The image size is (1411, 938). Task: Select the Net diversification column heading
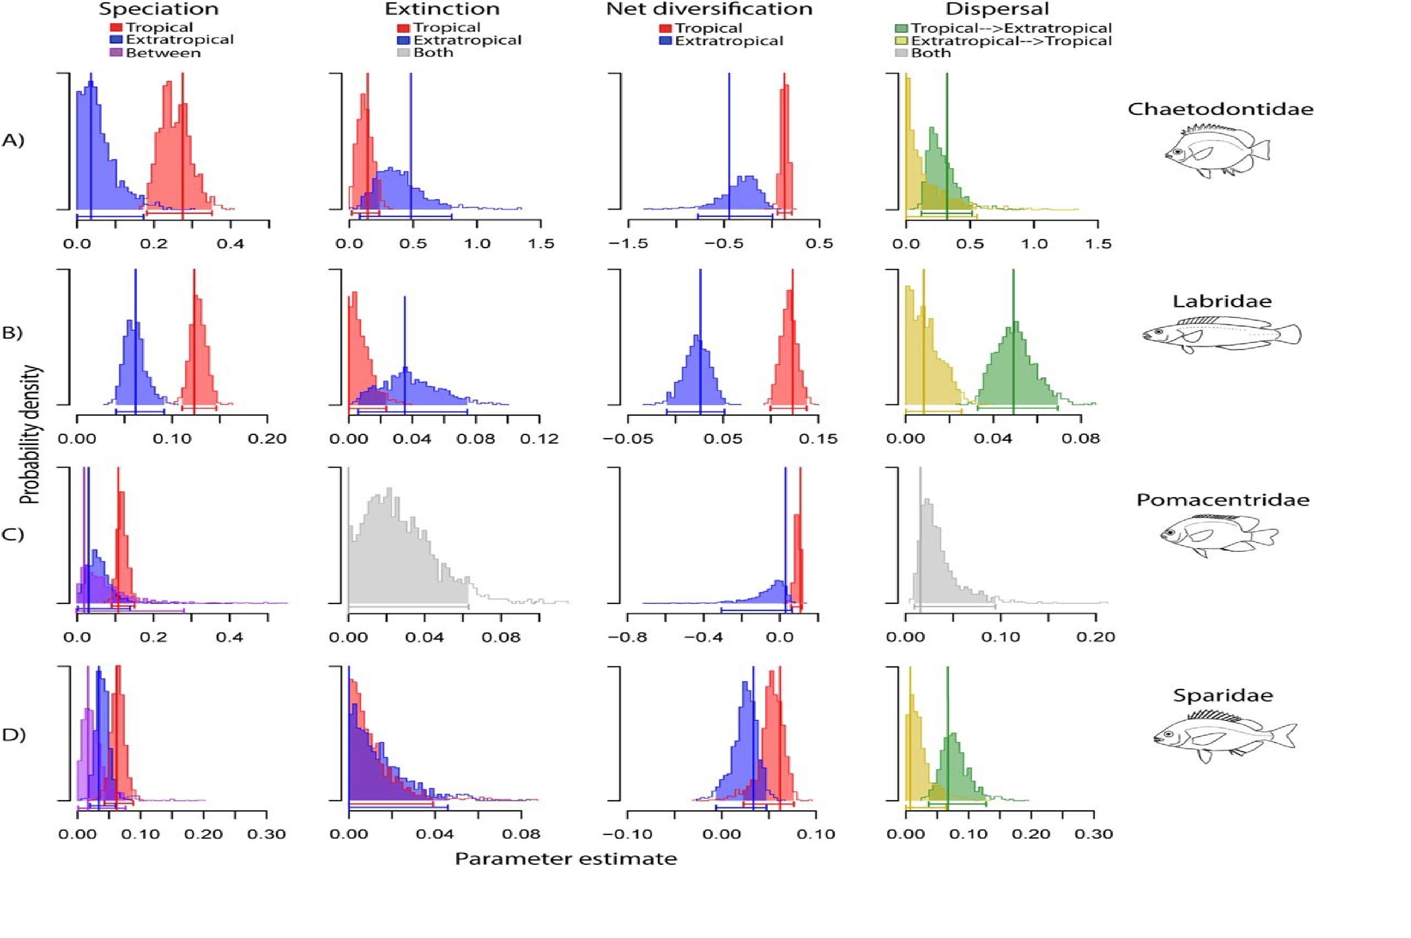(x=709, y=10)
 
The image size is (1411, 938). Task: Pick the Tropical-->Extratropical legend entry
(x=1011, y=28)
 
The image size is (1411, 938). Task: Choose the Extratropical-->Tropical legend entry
(x=1011, y=40)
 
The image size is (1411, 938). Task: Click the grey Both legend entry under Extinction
(x=433, y=52)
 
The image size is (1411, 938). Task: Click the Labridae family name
(x=1221, y=301)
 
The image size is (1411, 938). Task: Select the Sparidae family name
(x=1221, y=695)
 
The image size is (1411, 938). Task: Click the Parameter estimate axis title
(x=566, y=859)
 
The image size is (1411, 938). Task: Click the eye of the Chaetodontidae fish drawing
(x=1178, y=152)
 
